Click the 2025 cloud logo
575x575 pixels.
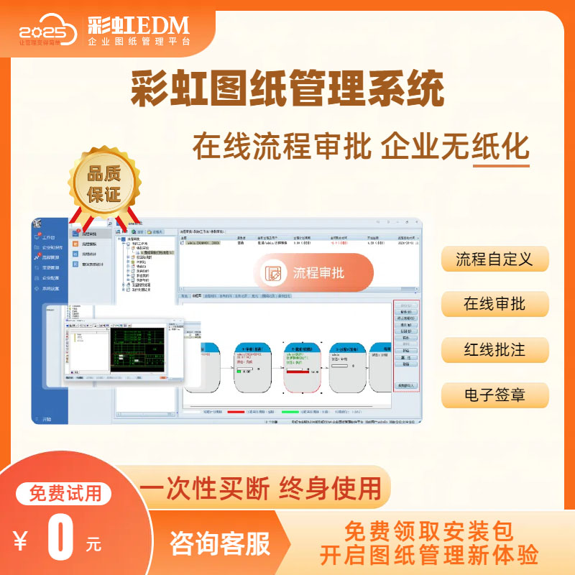point(47,30)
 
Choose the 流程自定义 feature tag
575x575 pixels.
point(494,259)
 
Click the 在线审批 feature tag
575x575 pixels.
point(494,304)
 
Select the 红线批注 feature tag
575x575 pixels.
point(494,350)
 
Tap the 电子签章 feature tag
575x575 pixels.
point(494,395)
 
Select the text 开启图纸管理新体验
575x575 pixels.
point(430,555)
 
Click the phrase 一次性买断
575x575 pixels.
point(204,488)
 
